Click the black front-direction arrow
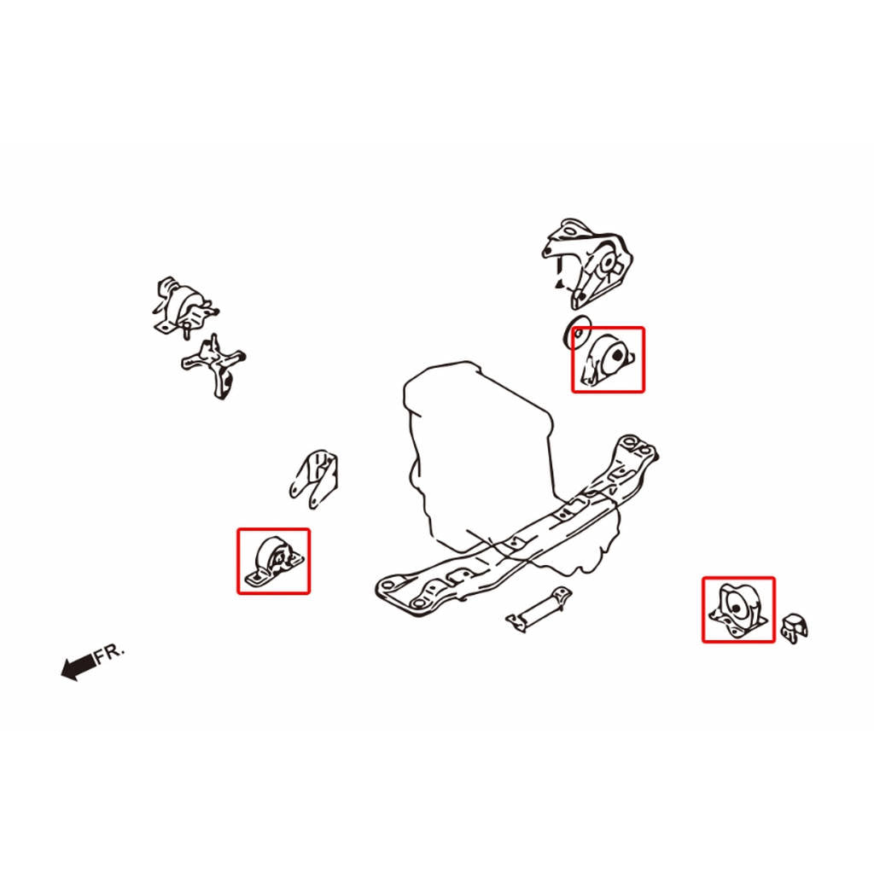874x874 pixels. pos(78,666)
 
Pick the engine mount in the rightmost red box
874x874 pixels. pos(738,610)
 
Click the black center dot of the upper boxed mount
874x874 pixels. pos(617,354)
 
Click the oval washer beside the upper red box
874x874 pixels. pos(578,333)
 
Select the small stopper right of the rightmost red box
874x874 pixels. pos(795,628)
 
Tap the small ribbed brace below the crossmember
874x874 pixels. pos(539,609)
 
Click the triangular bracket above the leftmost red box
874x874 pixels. pos(313,478)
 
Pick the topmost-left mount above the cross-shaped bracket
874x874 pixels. pos(184,306)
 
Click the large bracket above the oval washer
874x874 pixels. pos(587,263)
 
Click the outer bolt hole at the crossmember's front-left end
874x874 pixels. pos(388,585)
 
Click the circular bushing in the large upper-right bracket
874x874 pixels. pos(607,263)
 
